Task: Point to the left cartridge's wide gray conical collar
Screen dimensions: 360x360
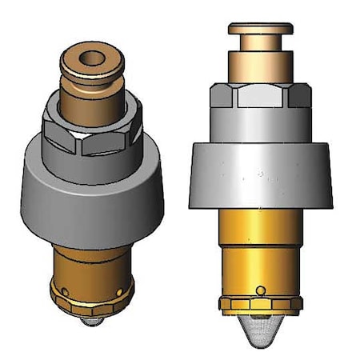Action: [94, 184]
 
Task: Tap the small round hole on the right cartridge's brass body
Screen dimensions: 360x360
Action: [261, 290]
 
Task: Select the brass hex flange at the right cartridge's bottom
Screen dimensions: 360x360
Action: [260, 304]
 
